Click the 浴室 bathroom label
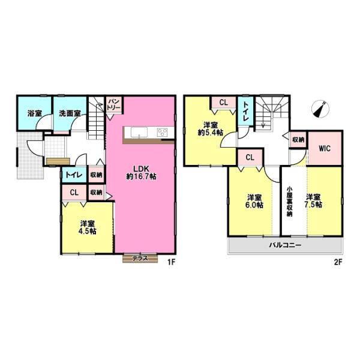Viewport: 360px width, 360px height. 35,113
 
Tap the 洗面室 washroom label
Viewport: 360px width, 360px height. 70,113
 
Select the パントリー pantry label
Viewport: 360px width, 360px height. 113,104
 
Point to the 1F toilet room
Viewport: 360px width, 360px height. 74,174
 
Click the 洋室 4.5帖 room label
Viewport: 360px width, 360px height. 87,227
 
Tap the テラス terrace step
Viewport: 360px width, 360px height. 140,258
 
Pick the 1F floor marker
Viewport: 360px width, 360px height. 171,262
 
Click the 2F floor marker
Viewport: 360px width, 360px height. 338,262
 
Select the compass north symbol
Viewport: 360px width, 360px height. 320,109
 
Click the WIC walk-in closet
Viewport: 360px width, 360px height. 325,148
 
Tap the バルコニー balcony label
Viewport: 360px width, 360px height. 285,245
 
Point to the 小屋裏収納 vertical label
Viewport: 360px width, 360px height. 290,202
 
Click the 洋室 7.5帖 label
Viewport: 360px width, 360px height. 313,201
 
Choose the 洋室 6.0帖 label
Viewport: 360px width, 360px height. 254,201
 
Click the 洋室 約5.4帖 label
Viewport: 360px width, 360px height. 211,129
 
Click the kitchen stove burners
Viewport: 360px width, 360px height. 163,133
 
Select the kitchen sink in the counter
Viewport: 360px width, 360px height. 139,133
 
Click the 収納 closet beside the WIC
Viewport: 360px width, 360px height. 298,139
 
